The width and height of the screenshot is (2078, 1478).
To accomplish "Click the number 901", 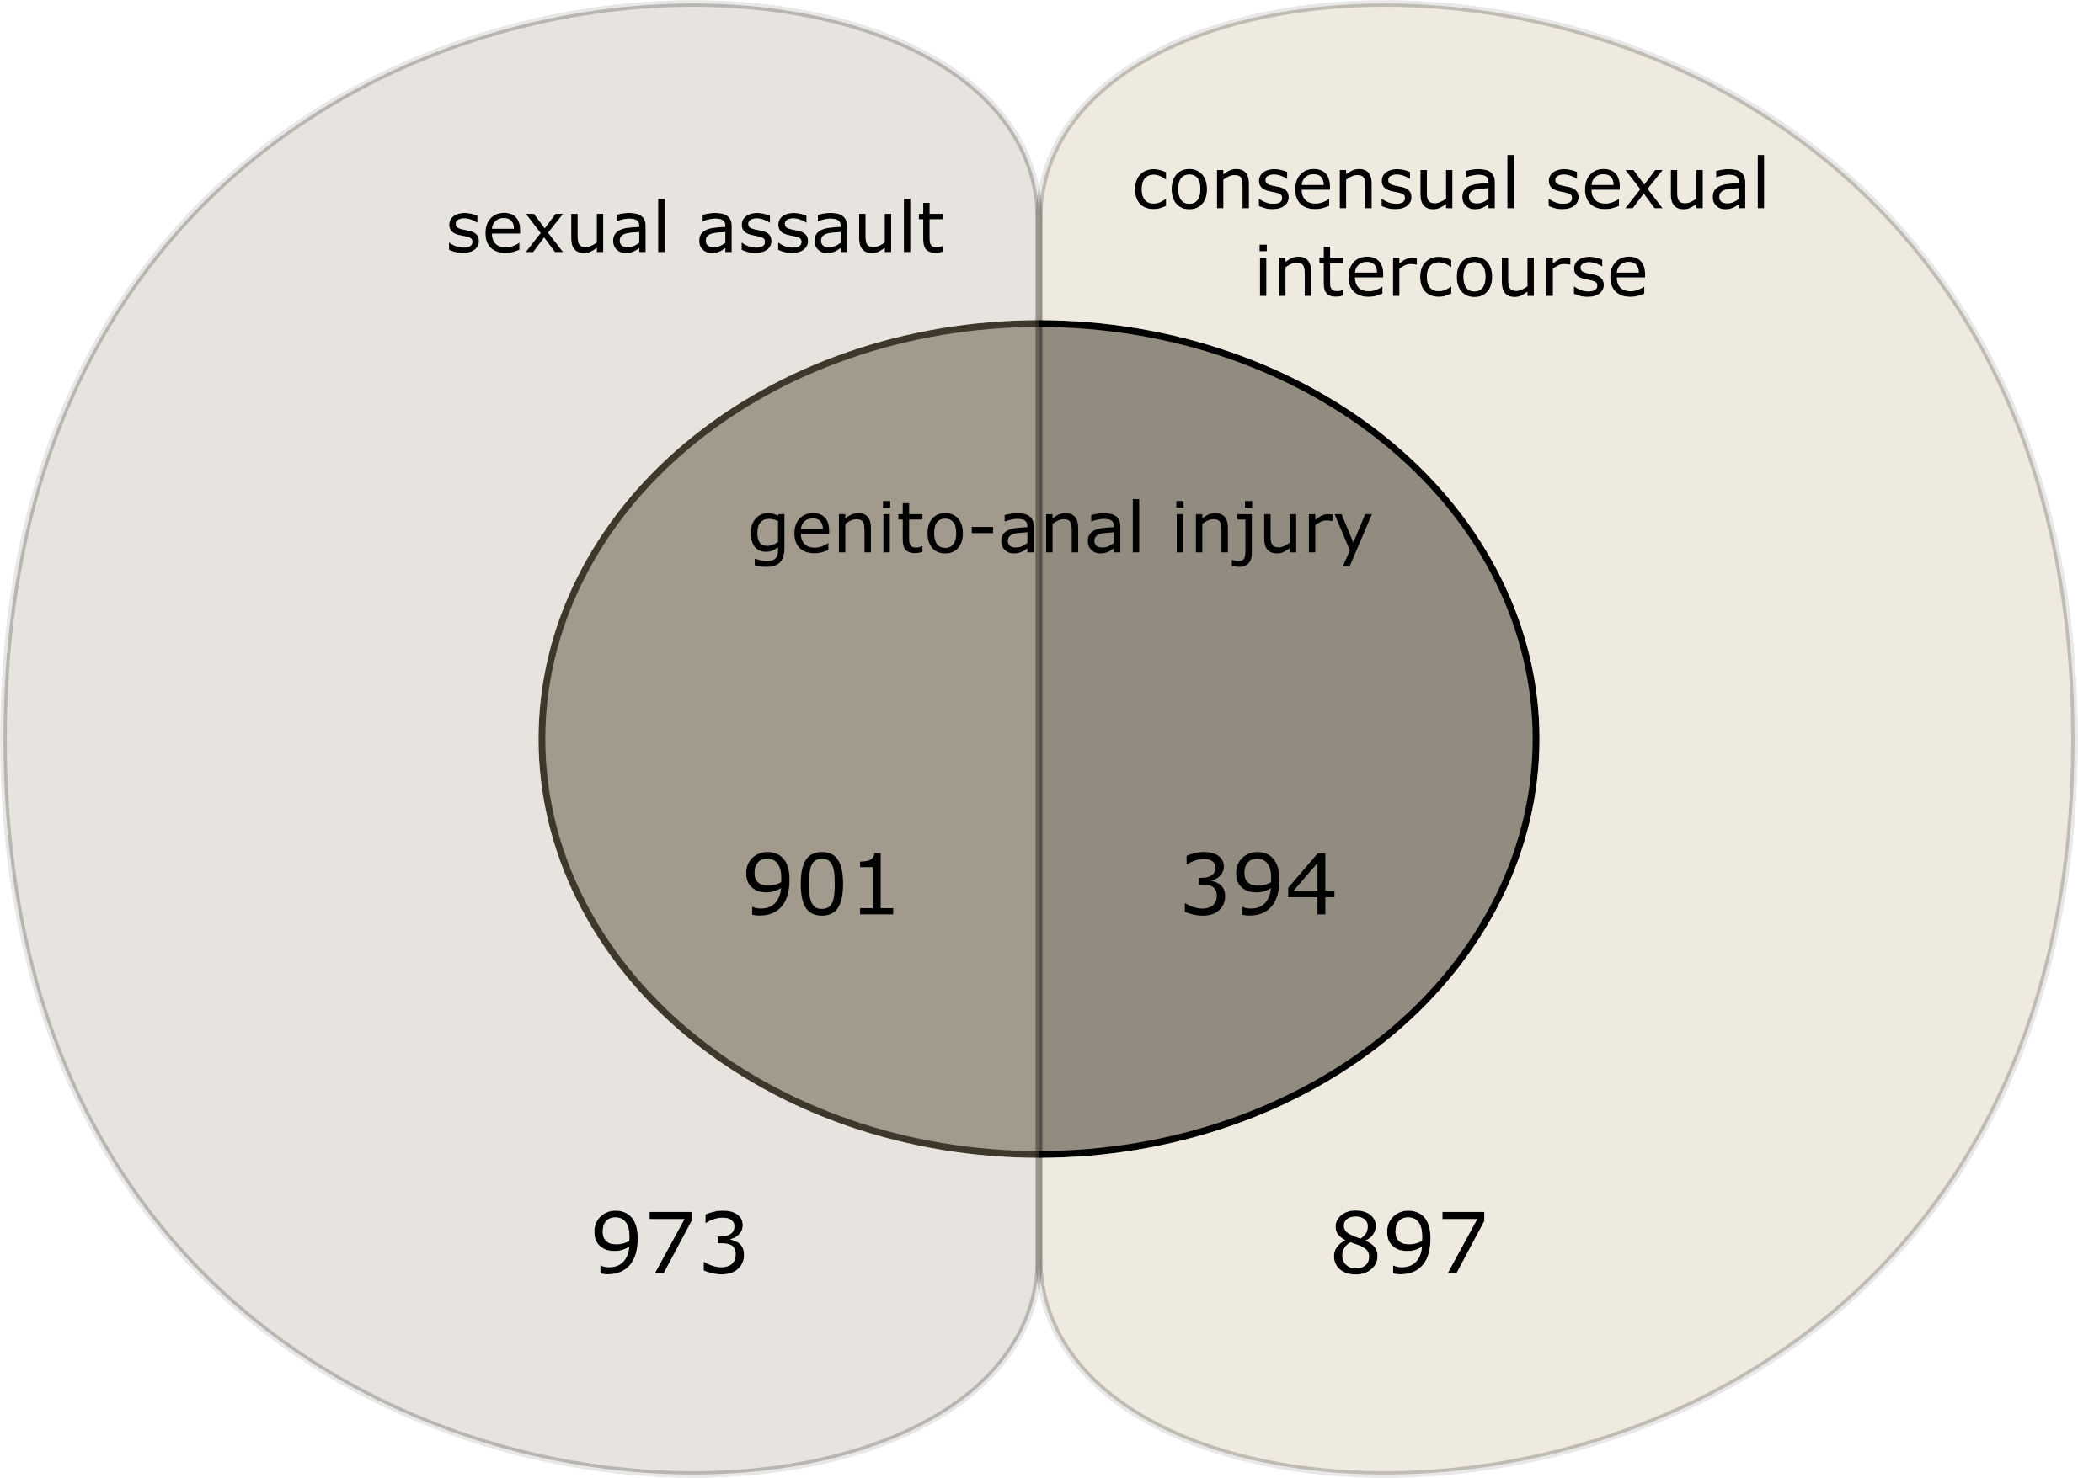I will [820, 885].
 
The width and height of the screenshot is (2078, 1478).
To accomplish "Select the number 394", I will [1258, 885].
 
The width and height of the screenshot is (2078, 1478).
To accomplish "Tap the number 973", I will [670, 1244].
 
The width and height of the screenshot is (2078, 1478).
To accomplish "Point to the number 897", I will [1408, 1244].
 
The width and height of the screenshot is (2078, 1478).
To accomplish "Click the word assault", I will [820, 227].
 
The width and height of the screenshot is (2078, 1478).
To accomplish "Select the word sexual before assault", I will [558, 227].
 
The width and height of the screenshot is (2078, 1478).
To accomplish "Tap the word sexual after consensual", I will [1656, 185].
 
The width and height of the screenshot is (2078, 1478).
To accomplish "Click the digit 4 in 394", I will [1310, 885].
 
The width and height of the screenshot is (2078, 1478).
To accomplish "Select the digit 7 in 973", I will [670, 1244].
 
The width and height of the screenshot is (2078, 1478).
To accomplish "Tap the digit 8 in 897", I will [1357, 1244].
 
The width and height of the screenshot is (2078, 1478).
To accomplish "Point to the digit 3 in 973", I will [721, 1244].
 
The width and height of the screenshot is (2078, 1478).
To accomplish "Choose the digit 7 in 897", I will [1461, 1244].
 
